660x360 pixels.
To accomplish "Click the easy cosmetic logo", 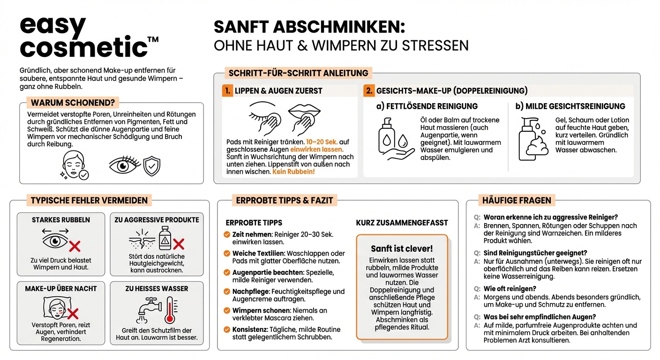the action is click(84, 37).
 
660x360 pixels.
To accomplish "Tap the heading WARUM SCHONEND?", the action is click(73, 103).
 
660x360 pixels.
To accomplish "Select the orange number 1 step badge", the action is click(227, 91).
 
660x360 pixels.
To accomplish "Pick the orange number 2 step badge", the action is click(369, 91).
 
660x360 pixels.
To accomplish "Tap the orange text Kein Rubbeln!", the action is click(293, 172).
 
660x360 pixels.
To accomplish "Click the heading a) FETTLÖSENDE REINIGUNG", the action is click(427, 106).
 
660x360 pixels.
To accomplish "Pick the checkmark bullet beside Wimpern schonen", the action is click(227, 311).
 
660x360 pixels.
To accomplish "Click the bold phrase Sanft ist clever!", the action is click(402, 248).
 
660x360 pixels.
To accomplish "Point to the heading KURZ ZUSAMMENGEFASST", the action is click(402, 223).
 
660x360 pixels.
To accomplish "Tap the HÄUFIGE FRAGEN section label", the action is click(517, 201).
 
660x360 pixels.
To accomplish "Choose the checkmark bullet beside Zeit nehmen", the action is click(227, 234).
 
